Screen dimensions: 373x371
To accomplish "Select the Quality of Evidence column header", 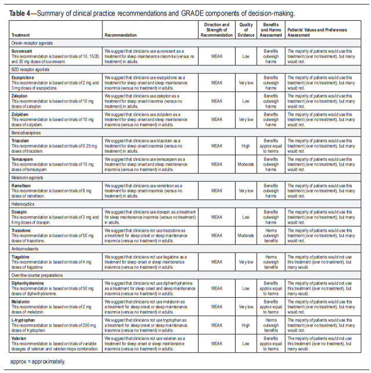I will coord(246,30).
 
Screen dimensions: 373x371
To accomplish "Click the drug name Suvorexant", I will coord(22,51).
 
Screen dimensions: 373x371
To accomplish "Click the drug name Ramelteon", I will coord(23,185).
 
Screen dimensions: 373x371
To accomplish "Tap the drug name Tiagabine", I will coord(21,256).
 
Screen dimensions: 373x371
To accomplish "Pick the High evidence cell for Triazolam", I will coord(246,147).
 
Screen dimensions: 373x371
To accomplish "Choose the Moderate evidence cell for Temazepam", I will coord(246,164).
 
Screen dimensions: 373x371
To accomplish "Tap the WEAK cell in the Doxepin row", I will coord(216,217).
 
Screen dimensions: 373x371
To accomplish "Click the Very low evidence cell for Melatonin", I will coord(246,305).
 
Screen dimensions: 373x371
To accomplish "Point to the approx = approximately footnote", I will coord(38,361).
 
